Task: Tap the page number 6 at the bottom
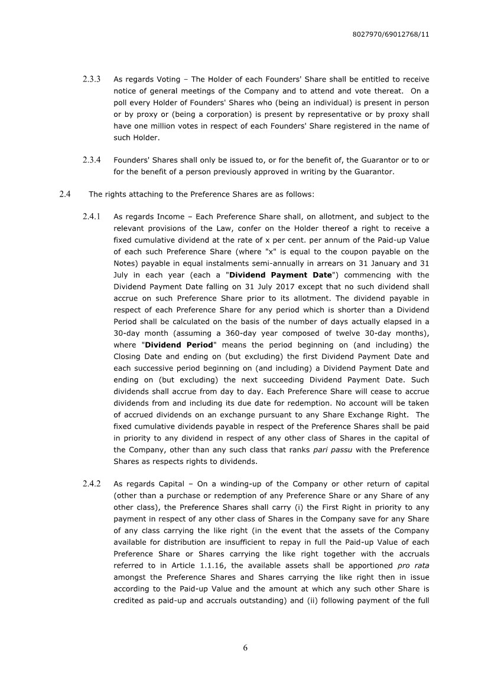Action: (245, 648)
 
